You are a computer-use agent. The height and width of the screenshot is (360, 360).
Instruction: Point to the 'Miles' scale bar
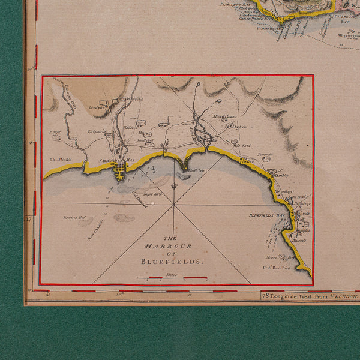(172, 278)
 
